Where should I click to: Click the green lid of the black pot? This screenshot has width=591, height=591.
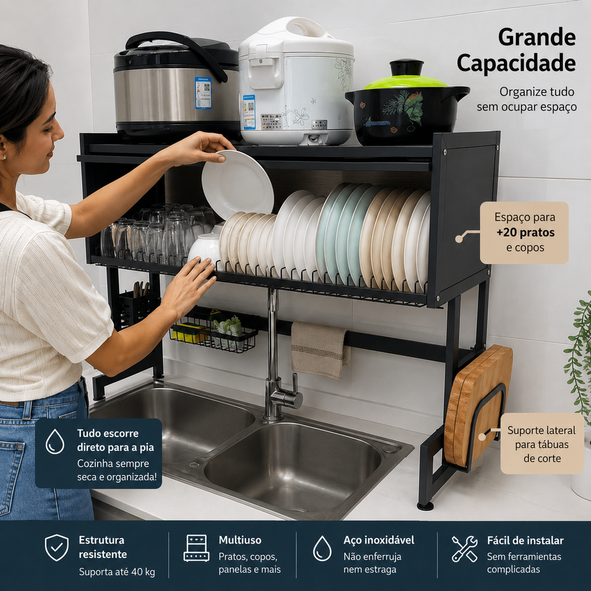tap(405, 81)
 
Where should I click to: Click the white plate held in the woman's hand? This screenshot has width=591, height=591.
tap(237, 184)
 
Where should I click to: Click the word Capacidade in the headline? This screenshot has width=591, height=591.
tap(516, 63)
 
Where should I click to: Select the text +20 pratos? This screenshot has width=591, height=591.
tap(525, 233)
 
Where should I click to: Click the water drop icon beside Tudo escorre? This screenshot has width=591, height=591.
tap(55, 441)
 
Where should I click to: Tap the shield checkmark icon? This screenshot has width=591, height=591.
tap(57, 547)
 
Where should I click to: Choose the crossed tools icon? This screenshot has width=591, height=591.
tap(465, 548)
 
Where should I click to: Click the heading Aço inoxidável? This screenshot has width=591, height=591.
tap(379, 540)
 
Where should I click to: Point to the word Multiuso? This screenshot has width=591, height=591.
tap(240, 540)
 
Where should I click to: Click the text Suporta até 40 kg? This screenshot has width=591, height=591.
tap(117, 572)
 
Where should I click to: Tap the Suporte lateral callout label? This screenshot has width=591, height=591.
tap(541, 444)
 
